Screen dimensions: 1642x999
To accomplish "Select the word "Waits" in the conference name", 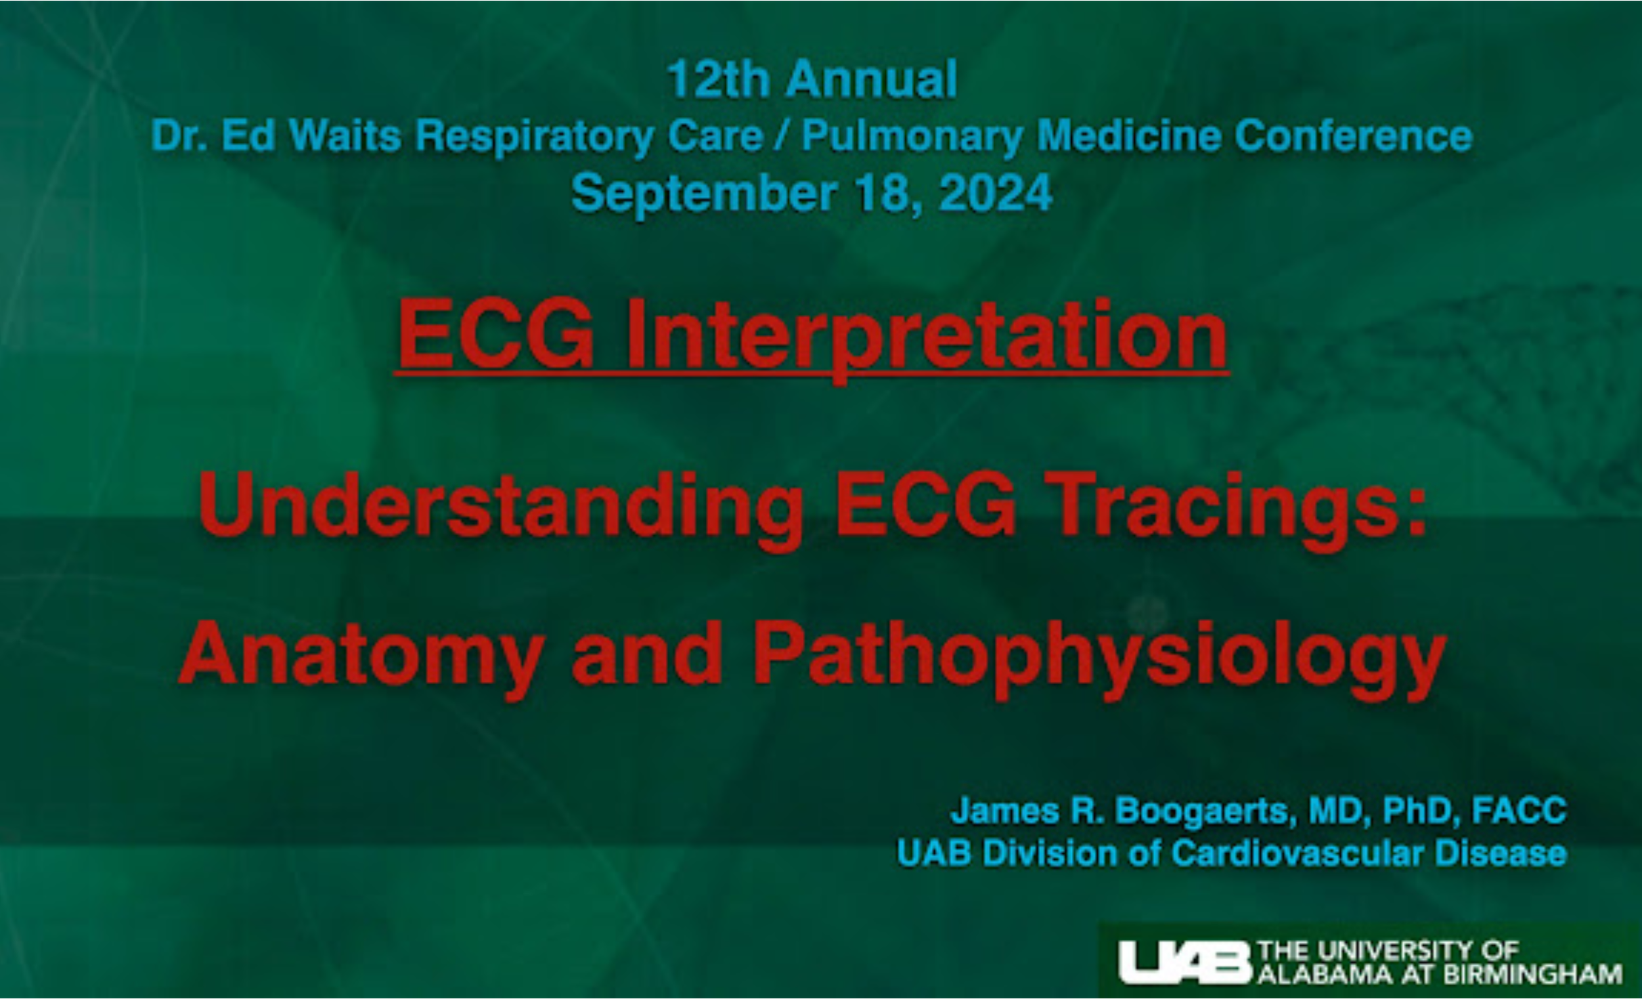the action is pos(345,136).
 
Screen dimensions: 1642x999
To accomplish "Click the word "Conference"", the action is pos(1354,136).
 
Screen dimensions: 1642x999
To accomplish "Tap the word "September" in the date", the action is pos(704,194).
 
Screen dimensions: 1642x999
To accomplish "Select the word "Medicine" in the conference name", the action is pos(1129,136).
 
